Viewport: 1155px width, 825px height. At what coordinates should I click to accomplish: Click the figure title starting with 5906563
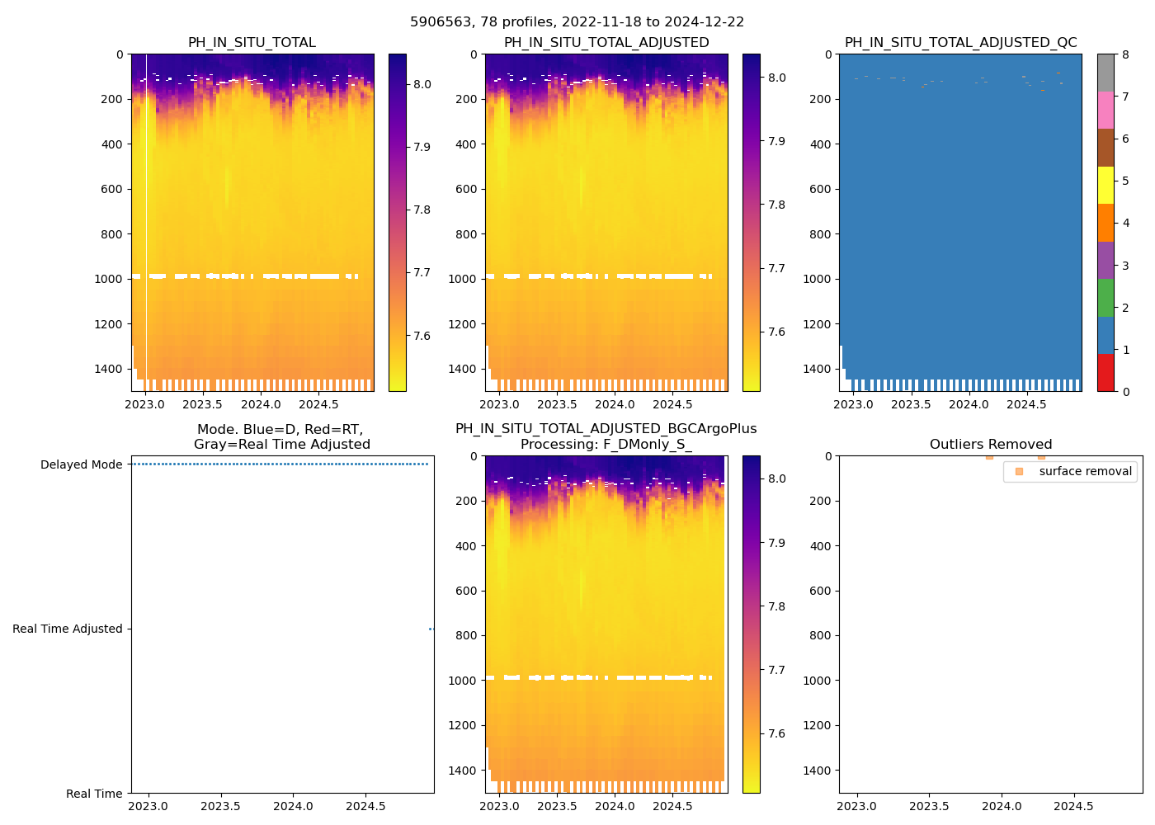tap(577, 22)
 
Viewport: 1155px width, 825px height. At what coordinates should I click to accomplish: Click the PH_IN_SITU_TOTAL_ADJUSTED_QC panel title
tap(960, 43)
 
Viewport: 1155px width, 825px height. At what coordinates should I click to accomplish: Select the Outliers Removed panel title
tap(990, 445)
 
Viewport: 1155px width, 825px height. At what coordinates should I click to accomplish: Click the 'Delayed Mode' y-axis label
tap(81, 464)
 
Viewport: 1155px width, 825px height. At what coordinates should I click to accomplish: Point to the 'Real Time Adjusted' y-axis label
tap(68, 629)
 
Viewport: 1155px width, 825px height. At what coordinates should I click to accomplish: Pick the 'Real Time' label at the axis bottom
tap(94, 794)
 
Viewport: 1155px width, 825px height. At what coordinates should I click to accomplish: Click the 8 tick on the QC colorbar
tap(1125, 54)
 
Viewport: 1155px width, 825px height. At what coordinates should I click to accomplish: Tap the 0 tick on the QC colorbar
tap(1125, 392)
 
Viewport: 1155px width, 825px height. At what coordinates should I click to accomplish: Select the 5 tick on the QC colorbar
tap(1125, 181)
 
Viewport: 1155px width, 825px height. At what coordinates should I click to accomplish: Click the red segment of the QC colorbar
tap(1105, 373)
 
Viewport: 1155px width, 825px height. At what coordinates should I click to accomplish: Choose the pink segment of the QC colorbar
tap(1105, 111)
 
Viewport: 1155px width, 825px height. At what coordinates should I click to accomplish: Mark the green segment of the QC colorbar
tap(1105, 298)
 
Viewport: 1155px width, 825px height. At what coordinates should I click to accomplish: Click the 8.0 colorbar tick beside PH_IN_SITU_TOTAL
tap(422, 84)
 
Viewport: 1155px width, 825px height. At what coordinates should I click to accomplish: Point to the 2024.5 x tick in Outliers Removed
tap(1073, 806)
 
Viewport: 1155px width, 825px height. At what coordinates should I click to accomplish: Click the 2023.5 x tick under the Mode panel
tap(220, 806)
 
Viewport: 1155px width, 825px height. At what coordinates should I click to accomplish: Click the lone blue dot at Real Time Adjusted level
tap(431, 629)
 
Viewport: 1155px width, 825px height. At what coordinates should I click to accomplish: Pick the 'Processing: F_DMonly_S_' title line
tap(606, 445)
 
